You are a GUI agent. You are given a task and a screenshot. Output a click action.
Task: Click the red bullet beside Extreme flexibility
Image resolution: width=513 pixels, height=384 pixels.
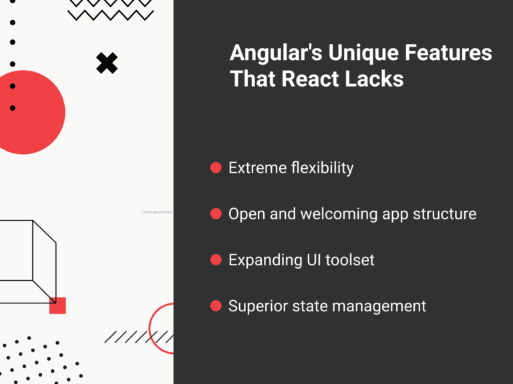(x=216, y=167)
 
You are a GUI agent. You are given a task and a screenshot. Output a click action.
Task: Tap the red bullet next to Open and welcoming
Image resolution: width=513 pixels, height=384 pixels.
(x=216, y=213)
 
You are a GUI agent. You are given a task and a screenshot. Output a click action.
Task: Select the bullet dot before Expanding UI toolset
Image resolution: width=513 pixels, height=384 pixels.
(x=216, y=259)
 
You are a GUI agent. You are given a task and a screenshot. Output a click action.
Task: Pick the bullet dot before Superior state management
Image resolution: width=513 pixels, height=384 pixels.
(x=216, y=306)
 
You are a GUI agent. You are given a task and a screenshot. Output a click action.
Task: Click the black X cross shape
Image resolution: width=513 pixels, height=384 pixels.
(x=107, y=63)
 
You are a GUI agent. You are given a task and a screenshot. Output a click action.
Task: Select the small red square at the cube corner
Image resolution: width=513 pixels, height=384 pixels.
(x=57, y=305)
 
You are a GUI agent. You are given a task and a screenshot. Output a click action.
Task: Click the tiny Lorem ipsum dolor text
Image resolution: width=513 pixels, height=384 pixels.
(x=157, y=212)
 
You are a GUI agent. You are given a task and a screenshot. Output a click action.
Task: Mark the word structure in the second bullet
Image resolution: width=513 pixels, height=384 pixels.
(x=446, y=214)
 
